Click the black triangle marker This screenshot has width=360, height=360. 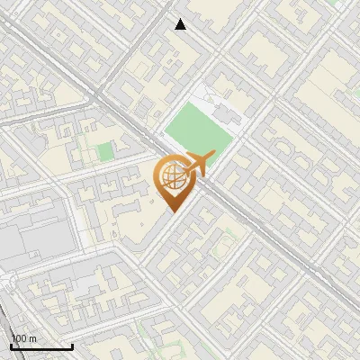[x=181, y=24]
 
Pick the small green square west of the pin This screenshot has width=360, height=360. [x=106, y=151]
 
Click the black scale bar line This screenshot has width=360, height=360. [x=41, y=347]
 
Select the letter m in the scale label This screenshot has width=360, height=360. [x=32, y=339]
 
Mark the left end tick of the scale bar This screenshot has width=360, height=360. [x=11, y=346]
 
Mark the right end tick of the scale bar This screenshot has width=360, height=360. [x=72, y=346]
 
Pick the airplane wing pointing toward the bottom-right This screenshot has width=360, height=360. [x=201, y=173]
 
